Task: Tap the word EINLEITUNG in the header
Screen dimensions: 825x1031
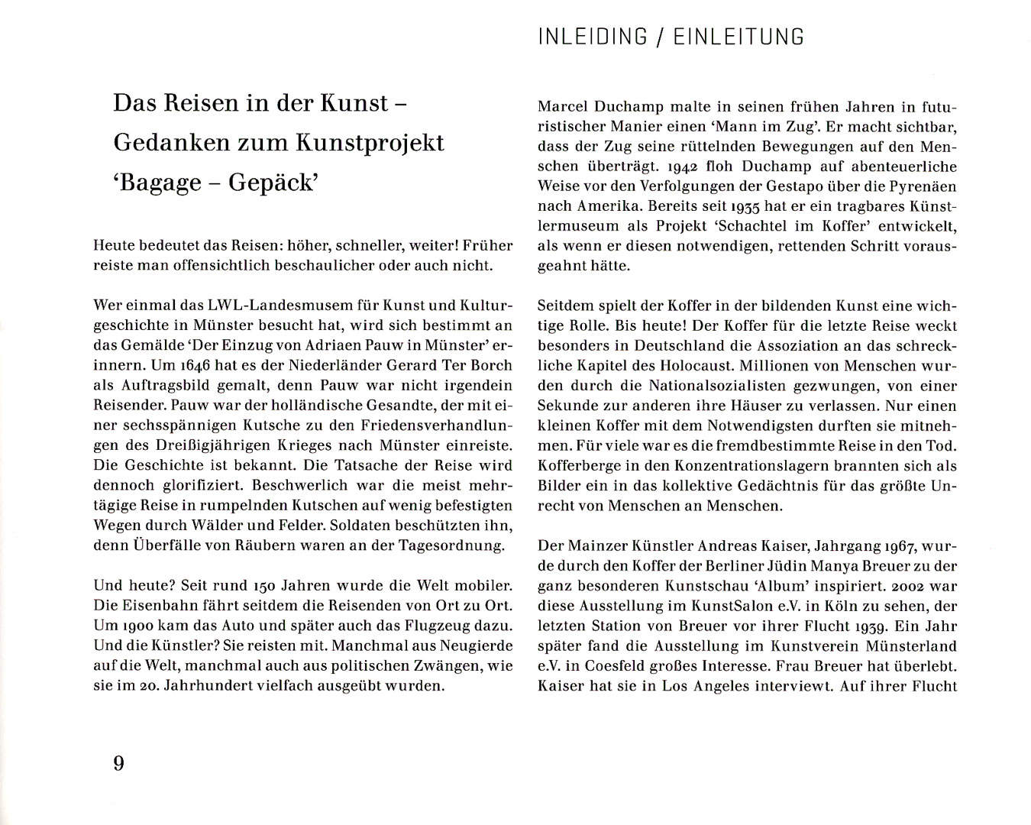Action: pos(739,37)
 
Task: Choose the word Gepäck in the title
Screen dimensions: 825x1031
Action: pos(272,183)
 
